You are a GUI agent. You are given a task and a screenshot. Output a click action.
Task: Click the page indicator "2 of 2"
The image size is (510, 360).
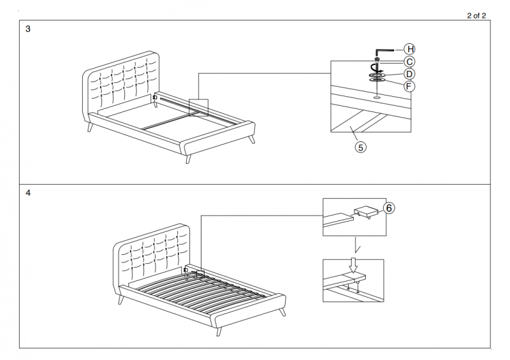477,16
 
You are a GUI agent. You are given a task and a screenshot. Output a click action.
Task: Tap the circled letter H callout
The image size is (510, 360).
410,49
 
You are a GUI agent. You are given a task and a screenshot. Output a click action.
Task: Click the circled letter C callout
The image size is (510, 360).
410,61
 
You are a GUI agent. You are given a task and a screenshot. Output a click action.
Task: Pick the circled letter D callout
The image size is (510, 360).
410,74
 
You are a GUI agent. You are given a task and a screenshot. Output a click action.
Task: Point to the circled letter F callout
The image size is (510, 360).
410,86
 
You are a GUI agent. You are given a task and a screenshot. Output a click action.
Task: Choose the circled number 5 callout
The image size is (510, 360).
361,147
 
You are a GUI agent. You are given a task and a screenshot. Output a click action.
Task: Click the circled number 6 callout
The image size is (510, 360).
388,208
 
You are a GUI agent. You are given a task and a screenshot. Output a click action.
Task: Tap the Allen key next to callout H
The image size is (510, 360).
383,50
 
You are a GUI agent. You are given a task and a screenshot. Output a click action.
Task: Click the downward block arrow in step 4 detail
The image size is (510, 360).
353,264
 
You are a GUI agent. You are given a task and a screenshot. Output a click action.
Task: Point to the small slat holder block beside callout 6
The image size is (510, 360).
365,212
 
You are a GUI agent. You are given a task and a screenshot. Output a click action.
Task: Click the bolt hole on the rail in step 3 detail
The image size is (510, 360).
377,97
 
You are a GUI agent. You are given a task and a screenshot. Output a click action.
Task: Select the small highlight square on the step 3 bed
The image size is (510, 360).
198,106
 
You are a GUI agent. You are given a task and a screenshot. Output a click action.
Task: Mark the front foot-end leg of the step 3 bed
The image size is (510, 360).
189,157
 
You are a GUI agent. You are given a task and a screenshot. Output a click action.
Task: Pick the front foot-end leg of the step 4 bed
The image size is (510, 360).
219,329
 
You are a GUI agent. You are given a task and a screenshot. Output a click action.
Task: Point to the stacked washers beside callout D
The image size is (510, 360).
377,76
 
